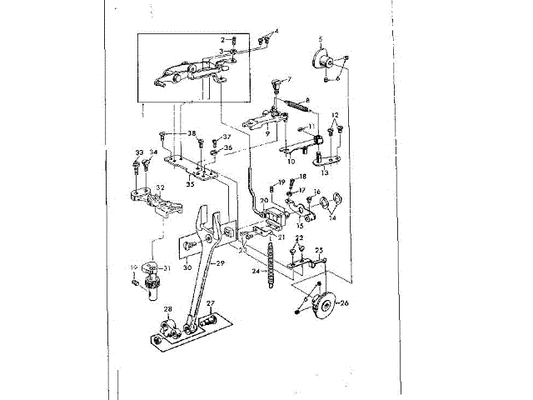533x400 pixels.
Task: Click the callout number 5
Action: [x=320, y=39]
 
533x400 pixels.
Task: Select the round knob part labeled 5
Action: [x=321, y=60]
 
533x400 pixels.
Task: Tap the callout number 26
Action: [x=345, y=302]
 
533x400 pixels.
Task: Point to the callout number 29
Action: [x=221, y=263]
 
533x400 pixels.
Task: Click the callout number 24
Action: [x=253, y=272]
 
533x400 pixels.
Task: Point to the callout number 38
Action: [x=191, y=133]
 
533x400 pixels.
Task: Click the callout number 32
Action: [x=161, y=187]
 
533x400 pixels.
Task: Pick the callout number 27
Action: [x=211, y=303]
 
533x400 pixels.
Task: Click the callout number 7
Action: [x=290, y=79]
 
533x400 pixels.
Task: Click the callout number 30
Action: [x=187, y=267]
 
